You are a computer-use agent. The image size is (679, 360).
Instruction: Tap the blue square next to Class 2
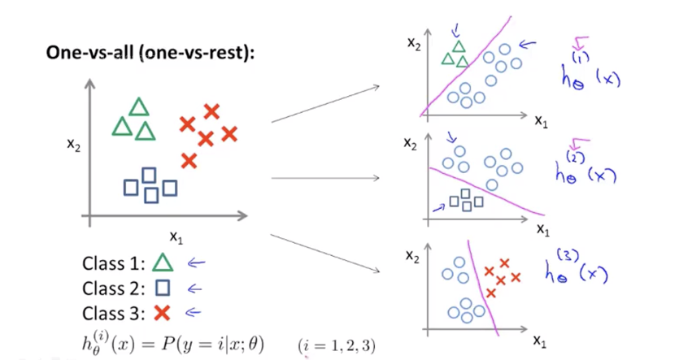[163, 287]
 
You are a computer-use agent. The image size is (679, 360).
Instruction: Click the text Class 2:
[113, 288]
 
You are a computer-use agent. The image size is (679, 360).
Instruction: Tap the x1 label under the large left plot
[176, 236]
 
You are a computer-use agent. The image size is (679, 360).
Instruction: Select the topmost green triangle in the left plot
[139, 107]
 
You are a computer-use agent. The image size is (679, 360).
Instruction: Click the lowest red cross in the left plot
[189, 161]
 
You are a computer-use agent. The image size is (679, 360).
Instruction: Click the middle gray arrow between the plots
[326, 178]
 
